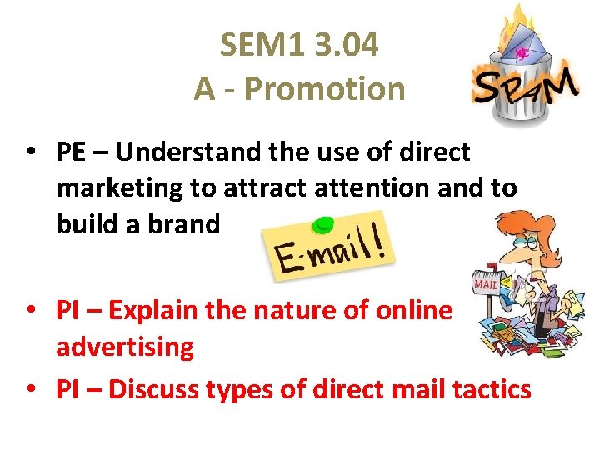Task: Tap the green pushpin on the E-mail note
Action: pos(322,224)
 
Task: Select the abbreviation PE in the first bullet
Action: pos(71,152)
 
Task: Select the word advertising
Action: pos(124,347)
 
